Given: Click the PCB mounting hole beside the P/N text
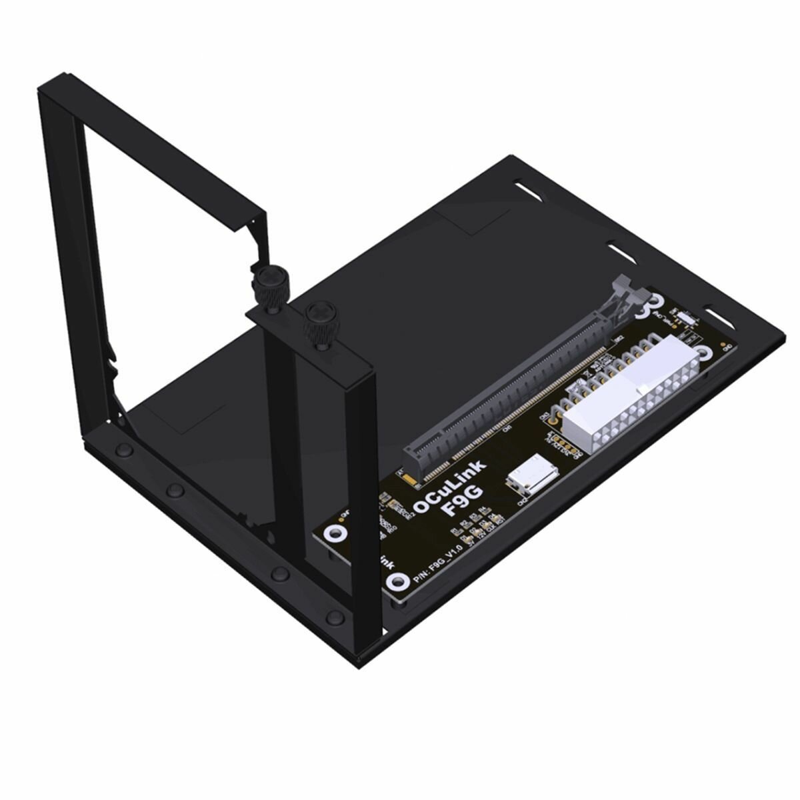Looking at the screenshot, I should pyautogui.click(x=399, y=581).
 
